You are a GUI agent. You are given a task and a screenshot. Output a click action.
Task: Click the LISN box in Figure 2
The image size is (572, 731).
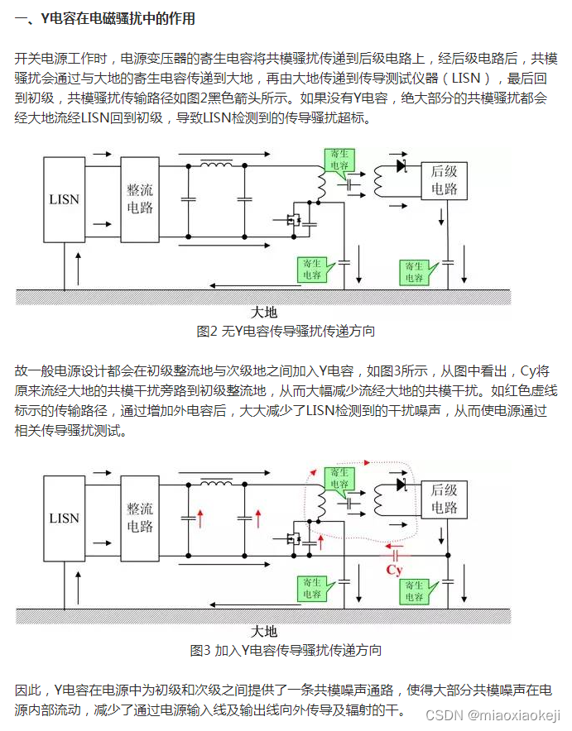pyautogui.click(x=64, y=199)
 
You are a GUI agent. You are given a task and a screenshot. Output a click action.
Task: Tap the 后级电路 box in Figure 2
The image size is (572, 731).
pyautogui.click(x=445, y=180)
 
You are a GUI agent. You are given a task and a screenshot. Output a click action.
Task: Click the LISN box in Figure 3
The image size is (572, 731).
pyautogui.click(x=64, y=518)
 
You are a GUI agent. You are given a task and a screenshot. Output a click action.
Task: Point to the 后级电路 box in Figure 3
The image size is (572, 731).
pyautogui.click(x=445, y=499)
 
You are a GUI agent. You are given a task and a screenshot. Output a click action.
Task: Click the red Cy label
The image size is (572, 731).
pyautogui.click(x=395, y=570)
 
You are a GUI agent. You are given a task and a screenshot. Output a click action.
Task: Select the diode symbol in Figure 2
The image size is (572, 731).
pyautogui.click(x=402, y=165)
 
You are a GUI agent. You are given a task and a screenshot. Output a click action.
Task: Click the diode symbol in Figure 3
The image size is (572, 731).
pyautogui.click(x=402, y=485)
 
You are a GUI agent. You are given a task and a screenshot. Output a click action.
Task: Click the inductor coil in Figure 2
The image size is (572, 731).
pyautogui.click(x=216, y=165)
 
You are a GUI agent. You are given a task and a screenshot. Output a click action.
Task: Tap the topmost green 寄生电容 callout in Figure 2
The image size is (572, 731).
pyautogui.click(x=340, y=160)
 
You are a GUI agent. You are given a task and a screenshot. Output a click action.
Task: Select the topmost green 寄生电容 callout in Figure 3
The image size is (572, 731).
pyautogui.click(x=340, y=479)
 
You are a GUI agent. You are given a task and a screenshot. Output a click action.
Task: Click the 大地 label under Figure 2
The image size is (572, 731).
pyautogui.click(x=264, y=313)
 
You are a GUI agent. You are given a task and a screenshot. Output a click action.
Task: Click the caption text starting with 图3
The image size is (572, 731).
pyautogui.click(x=286, y=651)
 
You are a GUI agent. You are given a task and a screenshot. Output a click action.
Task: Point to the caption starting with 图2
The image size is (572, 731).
pyautogui.click(x=286, y=332)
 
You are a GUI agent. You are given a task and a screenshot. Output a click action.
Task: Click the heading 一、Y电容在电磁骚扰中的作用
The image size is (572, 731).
pyautogui.click(x=105, y=18)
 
